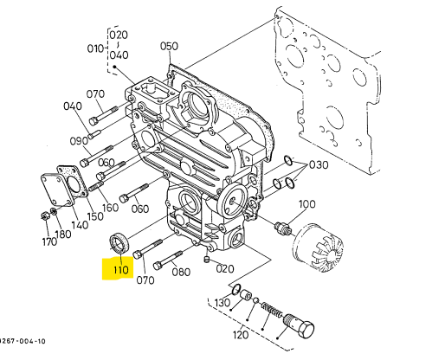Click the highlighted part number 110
click(121, 270)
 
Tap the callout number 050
click(169, 46)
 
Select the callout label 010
click(95, 48)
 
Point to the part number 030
click(319, 164)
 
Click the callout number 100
click(306, 204)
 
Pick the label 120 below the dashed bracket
click(241, 335)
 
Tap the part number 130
click(222, 303)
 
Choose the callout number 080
click(181, 272)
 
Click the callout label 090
click(79, 141)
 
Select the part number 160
click(110, 208)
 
